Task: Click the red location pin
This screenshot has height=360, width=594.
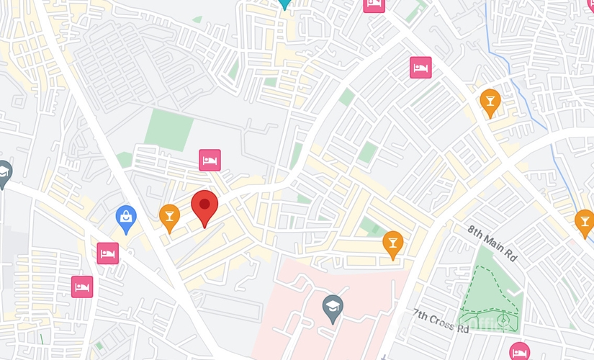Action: click(204, 207)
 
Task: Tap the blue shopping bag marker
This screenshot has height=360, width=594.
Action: click(126, 217)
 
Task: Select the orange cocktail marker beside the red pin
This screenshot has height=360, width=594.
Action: click(169, 216)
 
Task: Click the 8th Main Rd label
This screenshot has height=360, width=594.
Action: click(492, 243)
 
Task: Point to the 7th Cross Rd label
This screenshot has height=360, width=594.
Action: click(441, 320)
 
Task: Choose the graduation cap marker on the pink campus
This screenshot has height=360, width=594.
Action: click(332, 307)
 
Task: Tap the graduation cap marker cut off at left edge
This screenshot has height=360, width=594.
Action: click(4, 174)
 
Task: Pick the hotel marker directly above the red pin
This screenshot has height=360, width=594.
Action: click(210, 160)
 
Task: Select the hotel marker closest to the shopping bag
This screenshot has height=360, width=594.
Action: click(108, 253)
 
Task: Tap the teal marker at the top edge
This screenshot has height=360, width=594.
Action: click(285, 3)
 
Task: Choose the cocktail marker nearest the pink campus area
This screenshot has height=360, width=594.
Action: click(392, 243)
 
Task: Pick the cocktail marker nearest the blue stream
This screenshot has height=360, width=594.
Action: click(490, 101)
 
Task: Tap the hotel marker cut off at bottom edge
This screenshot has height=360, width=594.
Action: click(519, 351)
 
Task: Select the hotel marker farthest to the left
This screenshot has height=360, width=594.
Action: click(82, 287)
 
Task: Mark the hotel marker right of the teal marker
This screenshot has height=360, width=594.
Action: click(374, 4)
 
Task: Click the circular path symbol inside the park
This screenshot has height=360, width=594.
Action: click(504, 318)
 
